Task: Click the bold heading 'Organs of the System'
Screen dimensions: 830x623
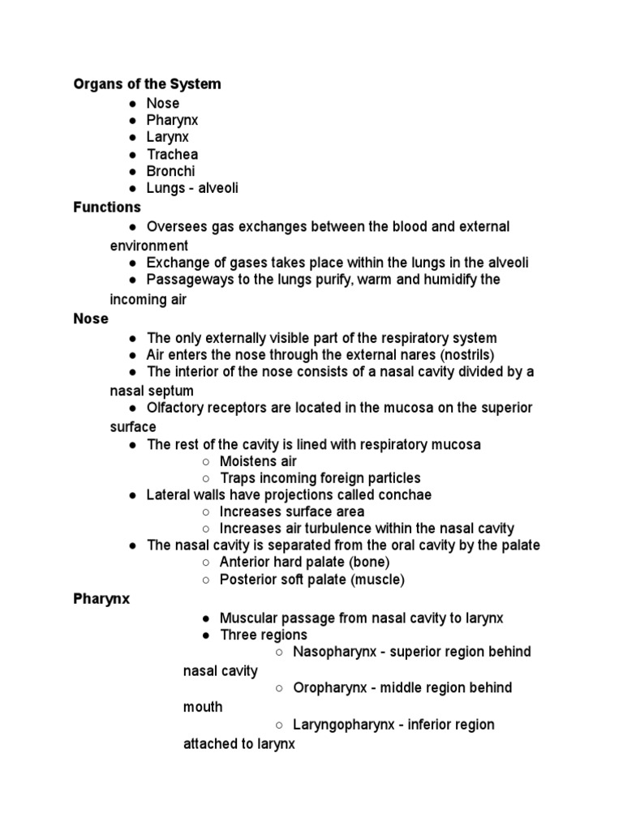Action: pos(147,83)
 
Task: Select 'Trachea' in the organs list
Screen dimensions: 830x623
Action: pos(172,154)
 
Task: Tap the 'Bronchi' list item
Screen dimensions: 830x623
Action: pos(170,171)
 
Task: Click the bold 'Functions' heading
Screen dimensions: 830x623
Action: pos(107,207)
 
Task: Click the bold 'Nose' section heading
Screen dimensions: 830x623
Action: pos(91,319)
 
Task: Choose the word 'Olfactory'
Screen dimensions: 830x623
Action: pos(176,407)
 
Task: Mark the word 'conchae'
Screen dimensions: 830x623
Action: pos(403,494)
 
